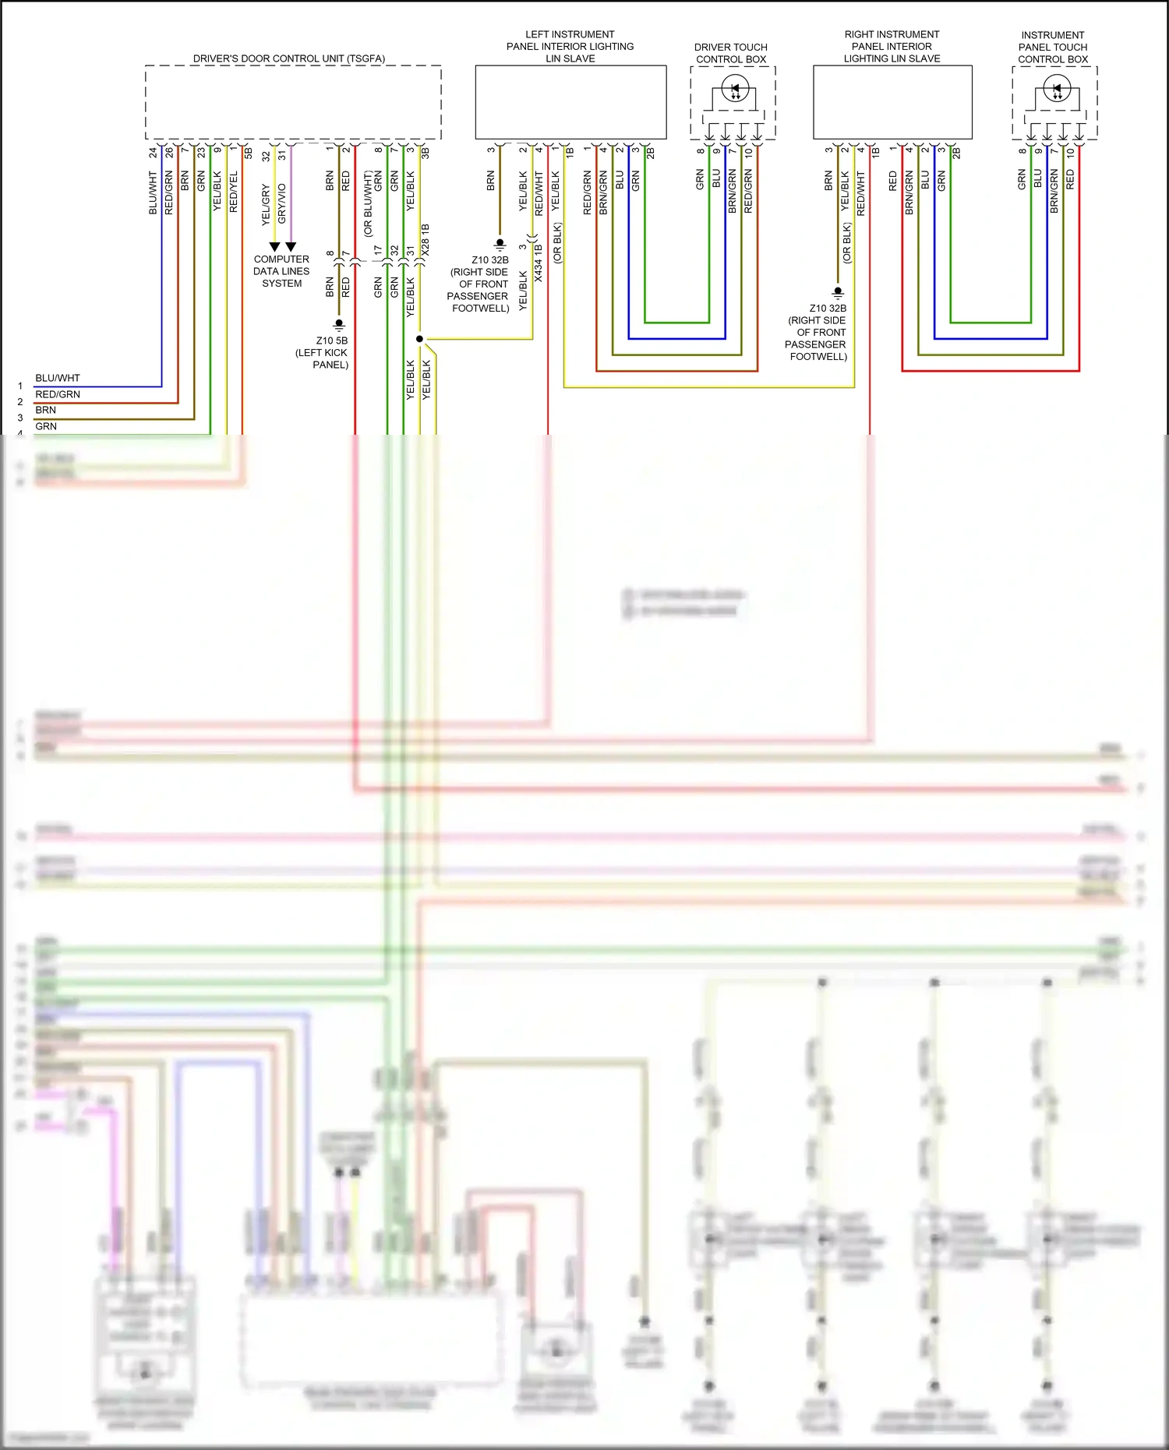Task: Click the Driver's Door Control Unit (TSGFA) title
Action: point(289,58)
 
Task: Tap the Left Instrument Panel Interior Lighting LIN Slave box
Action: point(570,102)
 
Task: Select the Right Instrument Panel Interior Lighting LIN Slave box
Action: point(892,102)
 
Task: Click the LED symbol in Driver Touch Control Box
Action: point(735,89)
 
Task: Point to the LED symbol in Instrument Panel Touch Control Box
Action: point(1057,90)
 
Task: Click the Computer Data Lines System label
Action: point(281,271)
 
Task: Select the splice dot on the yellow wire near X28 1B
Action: point(419,339)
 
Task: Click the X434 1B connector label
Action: point(539,262)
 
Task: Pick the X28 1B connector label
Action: point(426,240)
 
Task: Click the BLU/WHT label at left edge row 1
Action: point(58,378)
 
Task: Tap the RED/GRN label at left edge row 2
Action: point(58,394)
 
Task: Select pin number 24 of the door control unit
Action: point(153,153)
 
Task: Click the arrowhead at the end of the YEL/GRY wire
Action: point(274,246)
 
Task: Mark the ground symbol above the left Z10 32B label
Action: point(500,245)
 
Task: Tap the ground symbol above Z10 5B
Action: point(339,324)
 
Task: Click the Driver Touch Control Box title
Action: point(731,53)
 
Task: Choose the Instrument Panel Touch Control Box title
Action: point(1053,47)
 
